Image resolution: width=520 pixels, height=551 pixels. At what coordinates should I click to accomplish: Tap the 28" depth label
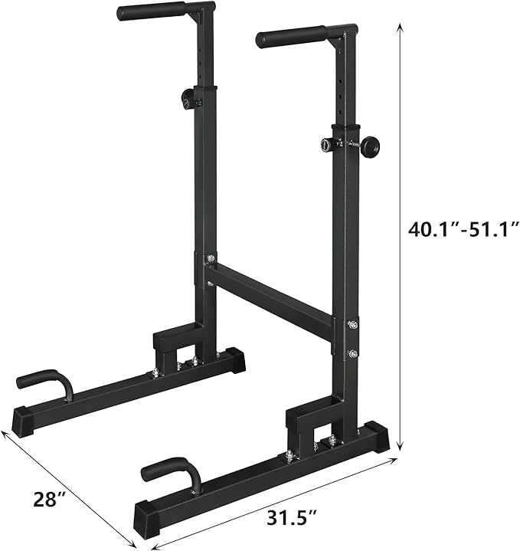pos(51,500)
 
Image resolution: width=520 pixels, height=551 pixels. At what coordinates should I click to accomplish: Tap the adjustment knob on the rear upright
pos(188,98)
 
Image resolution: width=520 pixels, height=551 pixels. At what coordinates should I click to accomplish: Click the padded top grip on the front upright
pos(294,36)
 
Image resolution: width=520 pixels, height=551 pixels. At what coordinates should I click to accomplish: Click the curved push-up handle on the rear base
pos(46,381)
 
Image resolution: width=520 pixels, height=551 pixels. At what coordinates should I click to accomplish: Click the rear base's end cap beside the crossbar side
pos(233,359)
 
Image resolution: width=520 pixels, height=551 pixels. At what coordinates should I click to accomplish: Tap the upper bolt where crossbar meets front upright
pos(352,325)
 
